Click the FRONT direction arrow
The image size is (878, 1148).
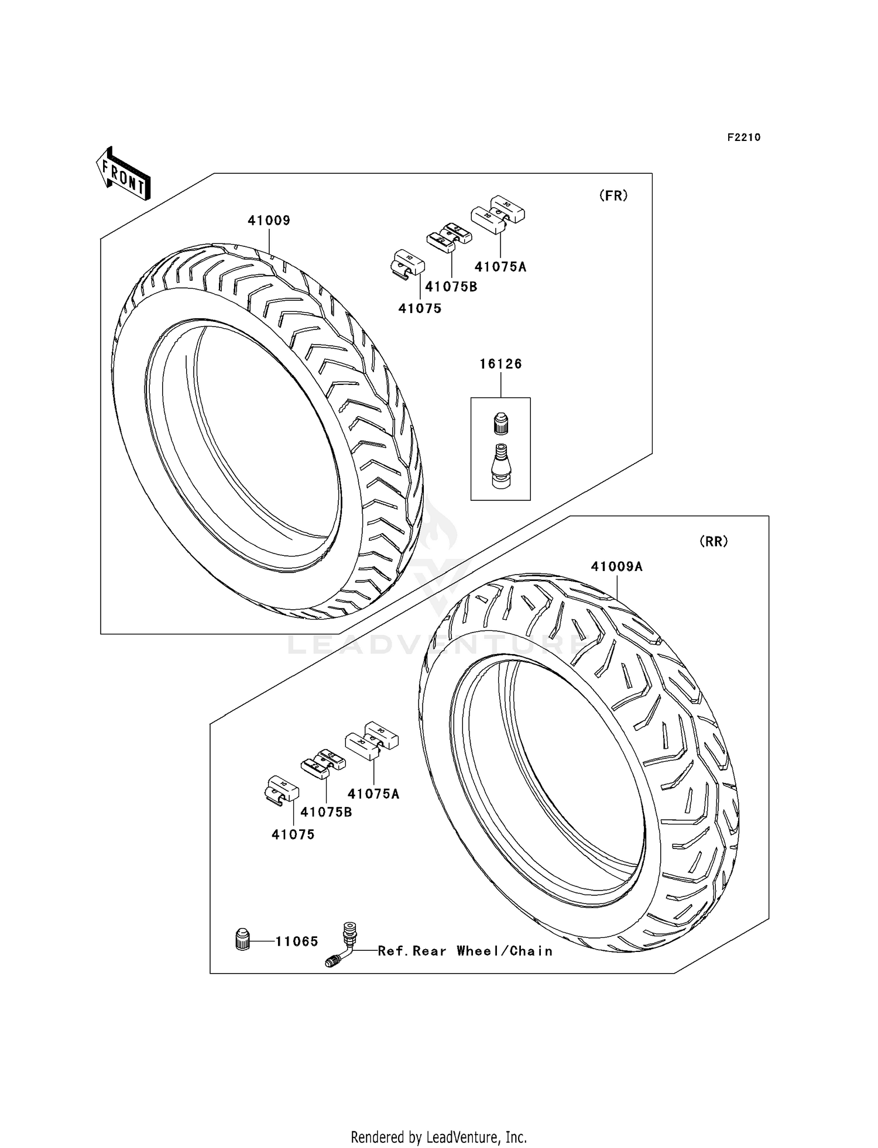click(124, 174)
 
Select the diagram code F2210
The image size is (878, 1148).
click(743, 138)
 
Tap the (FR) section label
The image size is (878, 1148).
click(613, 196)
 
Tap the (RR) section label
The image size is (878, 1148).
click(714, 542)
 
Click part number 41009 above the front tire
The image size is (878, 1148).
click(269, 221)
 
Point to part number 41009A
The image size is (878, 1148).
click(616, 566)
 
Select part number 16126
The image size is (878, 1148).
click(500, 364)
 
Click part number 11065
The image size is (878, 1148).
click(297, 941)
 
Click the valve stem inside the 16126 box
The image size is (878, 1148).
click(500, 465)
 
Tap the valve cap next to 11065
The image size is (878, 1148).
click(242, 940)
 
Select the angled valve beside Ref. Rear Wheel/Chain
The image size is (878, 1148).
click(341, 946)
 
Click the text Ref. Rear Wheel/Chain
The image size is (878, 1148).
click(465, 951)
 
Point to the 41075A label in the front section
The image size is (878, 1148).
click(500, 267)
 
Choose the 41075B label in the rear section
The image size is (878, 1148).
click(326, 812)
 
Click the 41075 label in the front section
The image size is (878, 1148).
click(420, 308)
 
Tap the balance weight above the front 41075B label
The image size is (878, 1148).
click(449, 238)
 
